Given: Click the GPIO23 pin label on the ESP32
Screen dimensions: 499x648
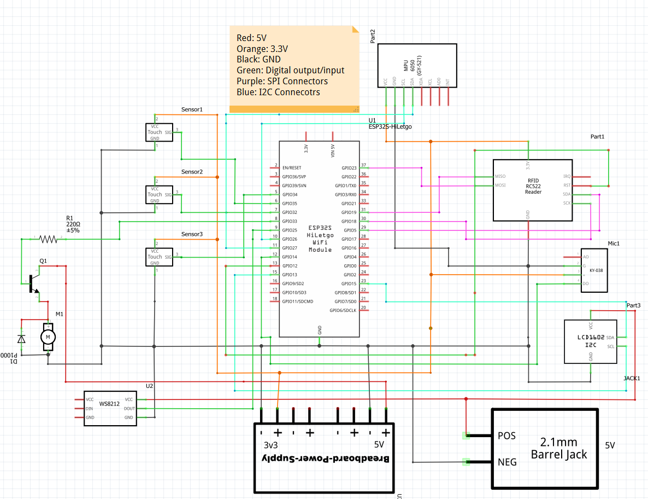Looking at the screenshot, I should [x=349, y=168].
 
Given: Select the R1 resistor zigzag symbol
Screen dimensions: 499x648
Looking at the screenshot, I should [x=49, y=239].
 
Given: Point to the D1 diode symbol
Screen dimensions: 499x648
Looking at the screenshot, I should [x=21, y=339].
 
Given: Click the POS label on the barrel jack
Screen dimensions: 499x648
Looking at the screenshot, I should [x=506, y=436].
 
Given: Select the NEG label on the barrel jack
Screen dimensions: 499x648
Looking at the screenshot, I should [x=507, y=462].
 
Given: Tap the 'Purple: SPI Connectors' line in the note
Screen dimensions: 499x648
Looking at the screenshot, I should [x=282, y=81].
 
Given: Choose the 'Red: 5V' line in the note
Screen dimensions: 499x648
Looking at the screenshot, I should [x=251, y=38].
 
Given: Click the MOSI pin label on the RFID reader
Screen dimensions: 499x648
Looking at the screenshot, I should [x=500, y=185].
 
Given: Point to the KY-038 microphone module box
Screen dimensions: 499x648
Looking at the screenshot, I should [x=594, y=270].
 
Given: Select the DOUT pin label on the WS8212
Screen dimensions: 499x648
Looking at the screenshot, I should [x=129, y=409].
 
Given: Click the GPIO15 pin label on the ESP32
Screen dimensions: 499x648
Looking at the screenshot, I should [x=349, y=283].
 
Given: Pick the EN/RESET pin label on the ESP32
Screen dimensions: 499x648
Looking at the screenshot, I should [x=292, y=168].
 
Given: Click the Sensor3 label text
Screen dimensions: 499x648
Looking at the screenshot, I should [x=192, y=234].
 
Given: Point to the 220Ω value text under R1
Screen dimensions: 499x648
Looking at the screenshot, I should [x=73, y=224].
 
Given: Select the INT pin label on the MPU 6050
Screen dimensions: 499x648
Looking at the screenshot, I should [x=448, y=82].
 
